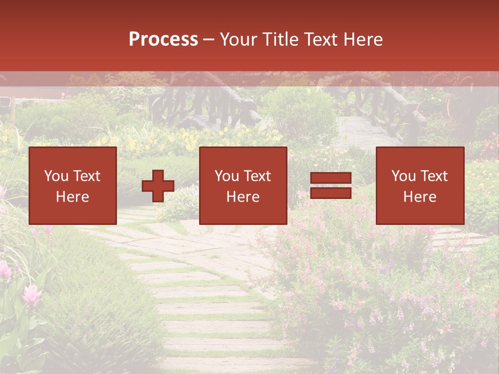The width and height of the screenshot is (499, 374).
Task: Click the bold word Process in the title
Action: (x=163, y=39)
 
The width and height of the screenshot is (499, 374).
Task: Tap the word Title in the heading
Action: (x=281, y=39)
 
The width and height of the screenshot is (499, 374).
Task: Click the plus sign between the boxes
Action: (x=158, y=186)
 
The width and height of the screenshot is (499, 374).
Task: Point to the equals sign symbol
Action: (x=331, y=185)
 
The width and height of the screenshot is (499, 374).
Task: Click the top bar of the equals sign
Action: (x=331, y=178)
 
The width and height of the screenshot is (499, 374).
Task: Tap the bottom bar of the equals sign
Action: (x=331, y=193)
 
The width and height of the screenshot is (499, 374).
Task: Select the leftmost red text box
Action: (x=73, y=185)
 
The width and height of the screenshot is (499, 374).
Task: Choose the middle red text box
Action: (x=243, y=185)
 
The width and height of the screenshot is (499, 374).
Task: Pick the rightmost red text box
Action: (x=419, y=185)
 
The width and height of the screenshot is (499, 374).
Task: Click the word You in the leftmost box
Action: (x=56, y=176)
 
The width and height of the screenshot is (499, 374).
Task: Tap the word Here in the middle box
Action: (x=243, y=197)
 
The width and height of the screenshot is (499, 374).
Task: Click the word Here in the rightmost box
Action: (x=419, y=197)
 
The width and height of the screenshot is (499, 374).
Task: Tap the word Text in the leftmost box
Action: (x=86, y=176)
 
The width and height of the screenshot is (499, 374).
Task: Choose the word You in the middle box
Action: (x=227, y=176)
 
